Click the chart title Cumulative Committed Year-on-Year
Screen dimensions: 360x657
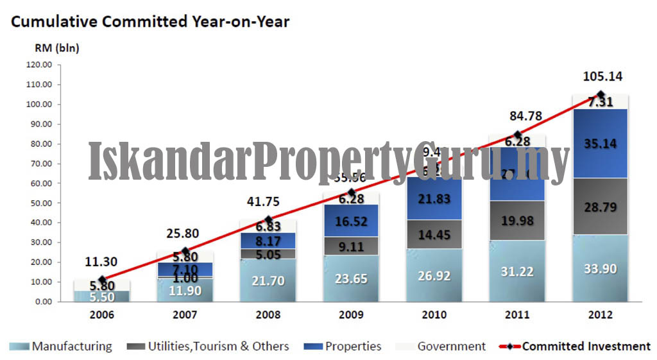(x=150, y=22)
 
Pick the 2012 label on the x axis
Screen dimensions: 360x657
(x=600, y=315)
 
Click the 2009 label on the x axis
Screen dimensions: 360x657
(x=350, y=315)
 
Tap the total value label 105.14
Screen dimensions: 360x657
(x=602, y=77)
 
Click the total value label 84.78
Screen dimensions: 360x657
(x=518, y=116)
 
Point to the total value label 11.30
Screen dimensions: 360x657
(x=101, y=261)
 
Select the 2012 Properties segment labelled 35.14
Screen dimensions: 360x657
(x=601, y=144)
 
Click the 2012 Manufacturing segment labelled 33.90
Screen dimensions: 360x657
(x=601, y=268)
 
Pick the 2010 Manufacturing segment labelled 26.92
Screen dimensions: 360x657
(x=434, y=275)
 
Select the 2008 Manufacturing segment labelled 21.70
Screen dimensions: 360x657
(x=268, y=280)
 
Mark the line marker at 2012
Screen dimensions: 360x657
(x=601, y=95)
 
